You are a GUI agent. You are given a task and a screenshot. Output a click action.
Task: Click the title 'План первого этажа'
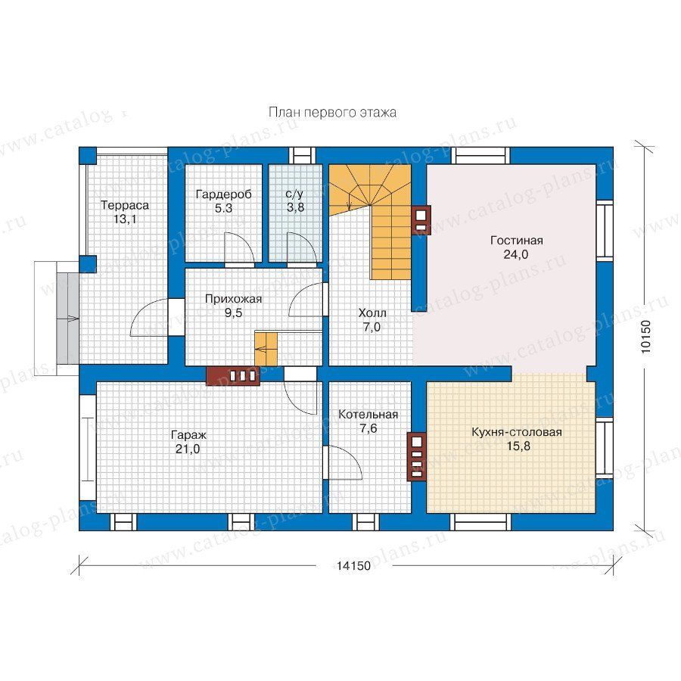332,113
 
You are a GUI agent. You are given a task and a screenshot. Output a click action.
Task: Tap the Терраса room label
125,205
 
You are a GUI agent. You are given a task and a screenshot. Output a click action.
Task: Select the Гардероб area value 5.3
223,209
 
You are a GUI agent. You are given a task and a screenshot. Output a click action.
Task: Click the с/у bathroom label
295,194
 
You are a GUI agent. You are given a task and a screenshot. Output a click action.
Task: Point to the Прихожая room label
233,299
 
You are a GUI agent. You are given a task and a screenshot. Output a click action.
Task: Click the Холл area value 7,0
372,327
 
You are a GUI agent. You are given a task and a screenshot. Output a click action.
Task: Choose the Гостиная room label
516,241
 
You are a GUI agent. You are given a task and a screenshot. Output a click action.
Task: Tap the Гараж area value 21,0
188,449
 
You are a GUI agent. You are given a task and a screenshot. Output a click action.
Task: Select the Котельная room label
368,415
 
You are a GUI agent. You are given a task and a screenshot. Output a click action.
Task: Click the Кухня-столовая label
516,433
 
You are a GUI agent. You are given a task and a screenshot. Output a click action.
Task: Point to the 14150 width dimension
353,565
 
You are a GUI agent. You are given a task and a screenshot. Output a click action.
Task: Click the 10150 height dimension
646,336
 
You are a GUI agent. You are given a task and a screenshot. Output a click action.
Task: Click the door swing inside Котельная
345,462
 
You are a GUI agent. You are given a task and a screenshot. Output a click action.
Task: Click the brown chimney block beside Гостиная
421,219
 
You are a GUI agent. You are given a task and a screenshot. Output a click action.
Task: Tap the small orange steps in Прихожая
266,349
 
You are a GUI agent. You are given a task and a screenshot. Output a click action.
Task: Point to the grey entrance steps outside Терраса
67,319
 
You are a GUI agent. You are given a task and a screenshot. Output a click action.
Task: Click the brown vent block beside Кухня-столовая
416,456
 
